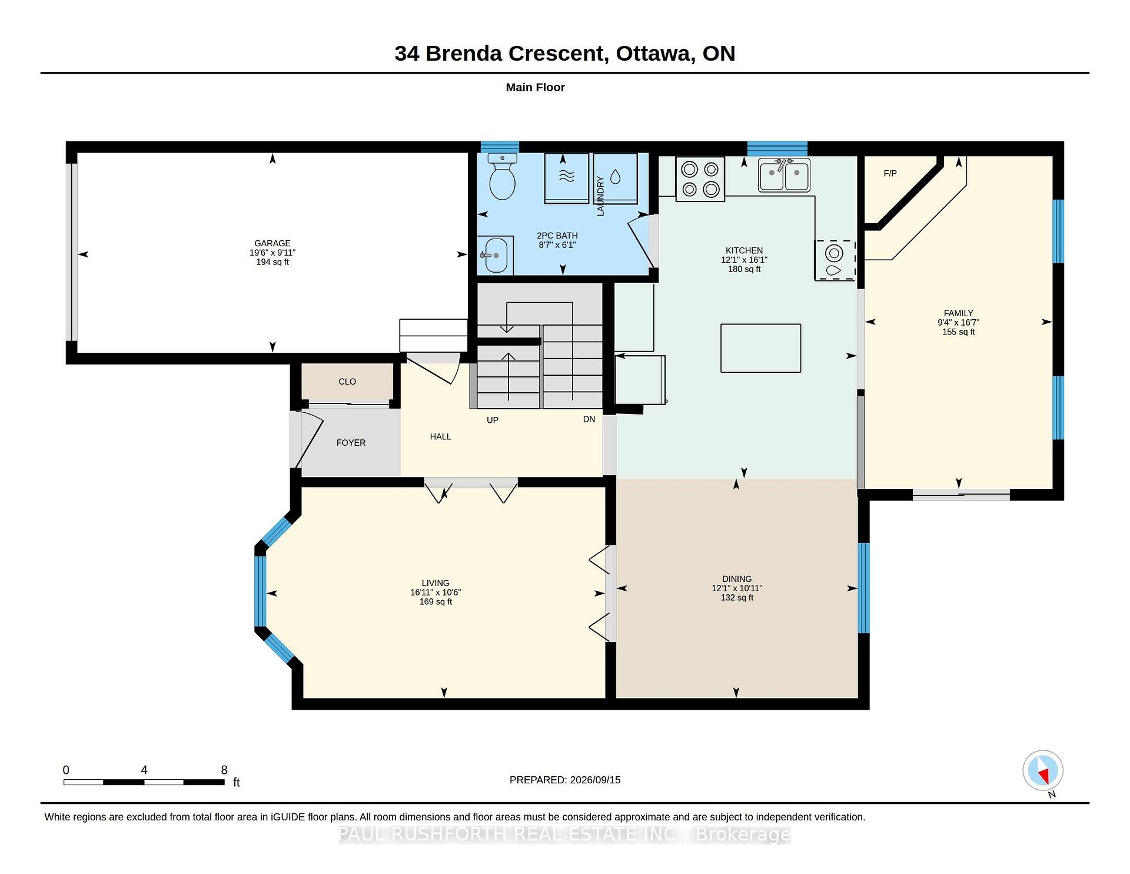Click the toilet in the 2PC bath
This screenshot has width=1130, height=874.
click(502, 176)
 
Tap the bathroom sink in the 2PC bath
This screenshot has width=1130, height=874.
click(495, 256)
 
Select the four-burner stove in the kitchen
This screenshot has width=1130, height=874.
click(700, 179)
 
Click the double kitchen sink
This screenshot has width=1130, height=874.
click(784, 175)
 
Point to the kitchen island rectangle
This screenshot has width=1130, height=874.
click(760, 348)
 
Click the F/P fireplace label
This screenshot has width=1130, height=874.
click(890, 173)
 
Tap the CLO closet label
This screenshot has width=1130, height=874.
click(347, 382)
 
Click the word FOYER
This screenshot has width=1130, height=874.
click(351, 443)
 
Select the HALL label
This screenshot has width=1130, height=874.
click(440, 436)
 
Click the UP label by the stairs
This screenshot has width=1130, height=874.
click(493, 420)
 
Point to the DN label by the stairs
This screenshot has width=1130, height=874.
click(589, 419)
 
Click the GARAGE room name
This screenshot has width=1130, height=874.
click(272, 243)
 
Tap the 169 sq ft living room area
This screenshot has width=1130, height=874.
click(436, 602)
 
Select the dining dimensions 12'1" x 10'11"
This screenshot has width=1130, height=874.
click(737, 588)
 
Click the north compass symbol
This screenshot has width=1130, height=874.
click(1043, 771)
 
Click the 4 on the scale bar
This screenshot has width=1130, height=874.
click(144, 770)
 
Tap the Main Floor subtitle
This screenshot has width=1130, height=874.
click(536, 87)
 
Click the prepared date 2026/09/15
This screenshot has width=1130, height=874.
click(595, 780)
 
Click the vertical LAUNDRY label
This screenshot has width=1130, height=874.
click(600, 196)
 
